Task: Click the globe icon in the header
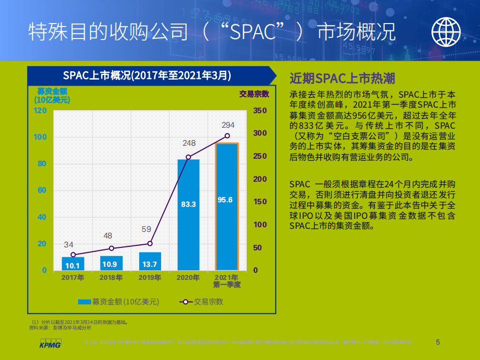(446, 31)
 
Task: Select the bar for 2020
(188, 215)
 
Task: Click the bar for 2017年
(73, 263)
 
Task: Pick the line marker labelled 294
(227, 136)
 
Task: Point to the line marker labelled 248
(189, 157)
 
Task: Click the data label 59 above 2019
(146, 229)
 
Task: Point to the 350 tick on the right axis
(260, 110)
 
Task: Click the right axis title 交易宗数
(254, 94)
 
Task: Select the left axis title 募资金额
(52, 91)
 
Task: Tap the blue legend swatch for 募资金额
(84, 301)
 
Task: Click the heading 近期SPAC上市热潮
(342, 78)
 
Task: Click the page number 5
(438, 342)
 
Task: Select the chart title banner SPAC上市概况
(147, 75)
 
